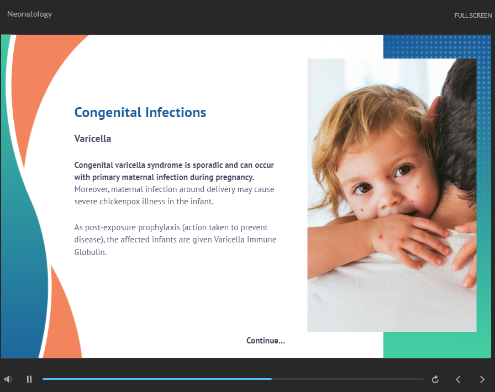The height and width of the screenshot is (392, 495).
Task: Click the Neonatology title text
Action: pos(30,14)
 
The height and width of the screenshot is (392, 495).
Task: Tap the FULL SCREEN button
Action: pos(473,15)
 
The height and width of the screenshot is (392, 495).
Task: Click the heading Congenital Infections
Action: pos(140,113)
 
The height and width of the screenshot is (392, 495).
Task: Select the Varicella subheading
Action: pos(92,139)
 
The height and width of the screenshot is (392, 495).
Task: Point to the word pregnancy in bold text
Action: pos(235,177)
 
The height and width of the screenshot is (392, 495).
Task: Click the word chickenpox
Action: pos(120,202)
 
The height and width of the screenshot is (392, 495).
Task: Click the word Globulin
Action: pos(90,252)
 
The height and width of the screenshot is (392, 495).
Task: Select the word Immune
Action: pos(261,240)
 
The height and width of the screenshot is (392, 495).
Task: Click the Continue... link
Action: pos(266,341)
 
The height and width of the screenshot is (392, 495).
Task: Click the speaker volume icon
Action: pos(8,379)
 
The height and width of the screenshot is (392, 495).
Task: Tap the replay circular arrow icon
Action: pos(435,379)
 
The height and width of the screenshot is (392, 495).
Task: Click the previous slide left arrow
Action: pos(458,379)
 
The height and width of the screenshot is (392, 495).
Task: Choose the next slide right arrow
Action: pos(482,379)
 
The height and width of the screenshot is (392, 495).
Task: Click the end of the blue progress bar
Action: pos(271,379)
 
